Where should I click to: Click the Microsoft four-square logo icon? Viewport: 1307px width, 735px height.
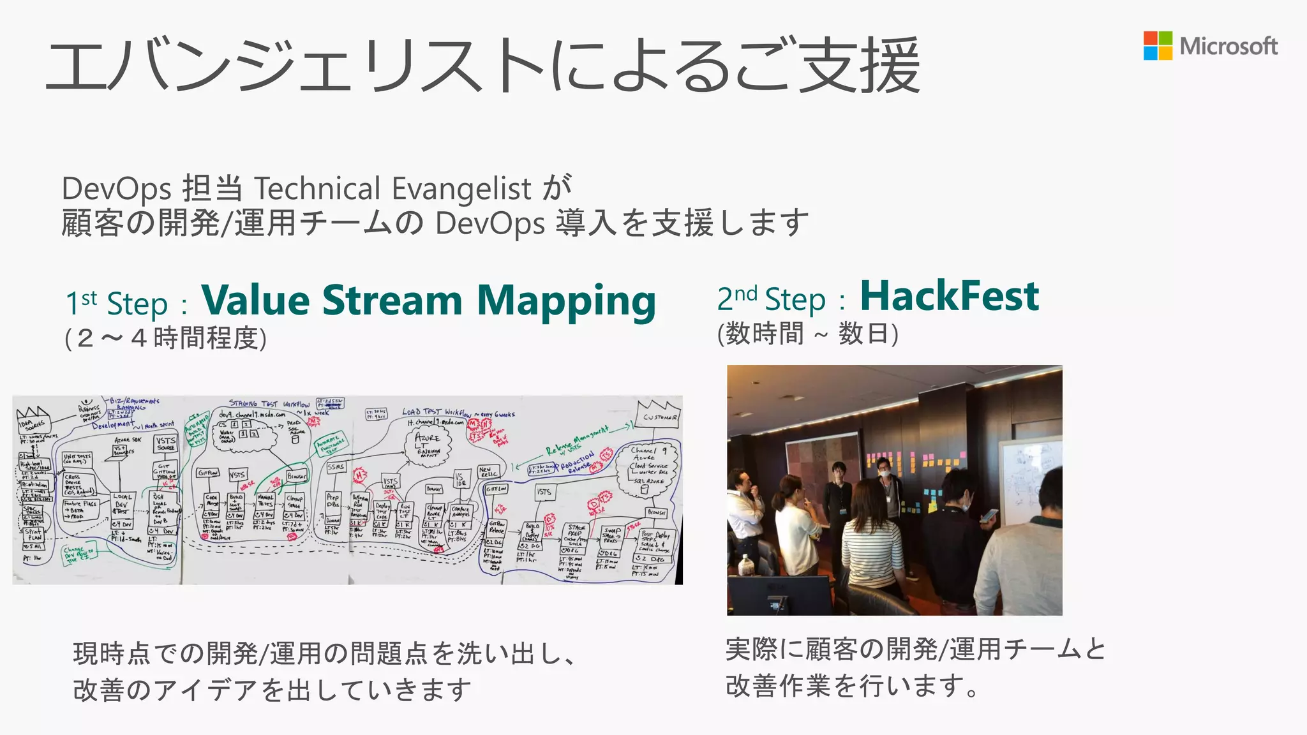(1158, 46)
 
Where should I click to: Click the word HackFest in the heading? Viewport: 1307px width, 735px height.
(950, 296)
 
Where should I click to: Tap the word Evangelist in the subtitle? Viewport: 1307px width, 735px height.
(461, 189)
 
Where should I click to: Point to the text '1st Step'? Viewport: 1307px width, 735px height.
(116, 304)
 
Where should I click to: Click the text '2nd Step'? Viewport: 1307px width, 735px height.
(771, 299)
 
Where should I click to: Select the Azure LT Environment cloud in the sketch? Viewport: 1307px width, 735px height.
(428, 444)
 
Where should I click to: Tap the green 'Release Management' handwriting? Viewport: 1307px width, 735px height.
(578, 440)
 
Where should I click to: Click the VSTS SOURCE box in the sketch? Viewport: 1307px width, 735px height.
(165, 443)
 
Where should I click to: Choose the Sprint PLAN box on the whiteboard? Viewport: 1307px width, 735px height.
(34, 534)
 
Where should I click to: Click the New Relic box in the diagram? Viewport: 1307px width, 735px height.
(488, 472)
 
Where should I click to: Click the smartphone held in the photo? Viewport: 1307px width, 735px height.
(989, 514)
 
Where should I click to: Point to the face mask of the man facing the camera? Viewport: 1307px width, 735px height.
(885, 473)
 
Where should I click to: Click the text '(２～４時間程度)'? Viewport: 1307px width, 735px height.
(165, 338)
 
